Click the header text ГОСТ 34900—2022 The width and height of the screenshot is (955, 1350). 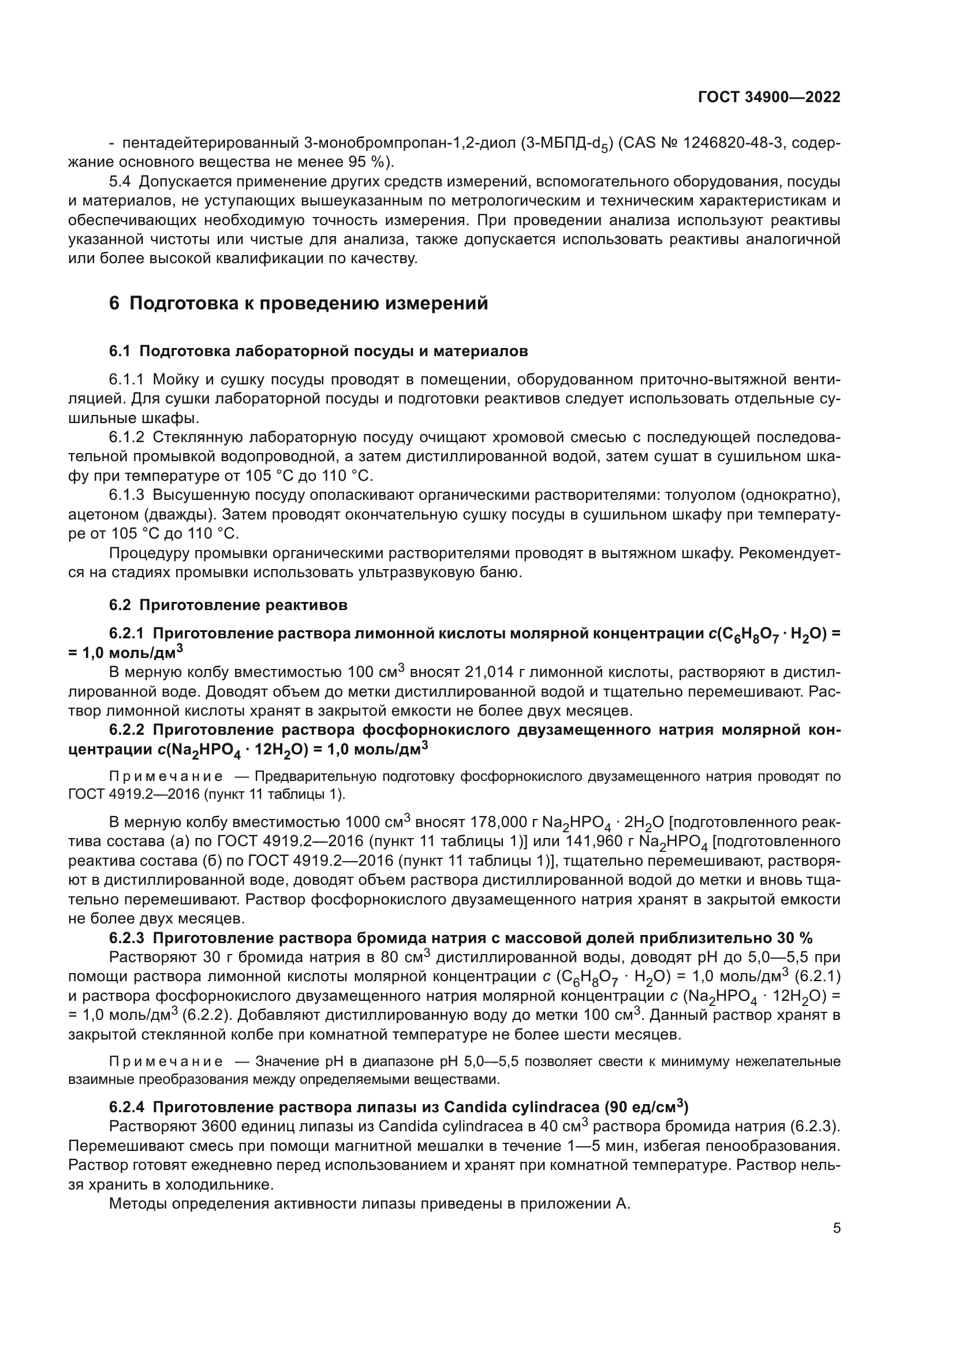[769, 97]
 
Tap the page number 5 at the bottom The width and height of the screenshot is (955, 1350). [836, 1228]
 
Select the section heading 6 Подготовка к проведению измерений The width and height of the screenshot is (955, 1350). [299, 304]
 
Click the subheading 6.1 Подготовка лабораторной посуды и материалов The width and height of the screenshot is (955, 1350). [318, 351]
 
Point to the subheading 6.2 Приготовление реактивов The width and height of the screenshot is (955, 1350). [228, 605]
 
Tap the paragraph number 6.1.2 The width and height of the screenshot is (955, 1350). [126, 437]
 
